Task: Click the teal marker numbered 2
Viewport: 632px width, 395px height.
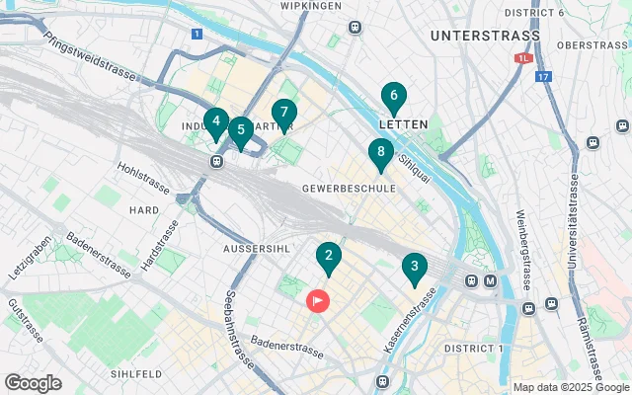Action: click(329, 259)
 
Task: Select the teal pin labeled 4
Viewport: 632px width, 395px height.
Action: click(215, 123)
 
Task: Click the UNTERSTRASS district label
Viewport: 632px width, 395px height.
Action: click(486, 36)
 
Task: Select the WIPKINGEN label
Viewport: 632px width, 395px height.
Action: click(310, 5)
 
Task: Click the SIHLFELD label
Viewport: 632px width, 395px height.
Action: click(136, 375)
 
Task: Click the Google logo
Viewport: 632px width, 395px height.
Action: click(33, 382)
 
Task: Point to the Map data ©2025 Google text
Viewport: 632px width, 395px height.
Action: click(570, 387)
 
